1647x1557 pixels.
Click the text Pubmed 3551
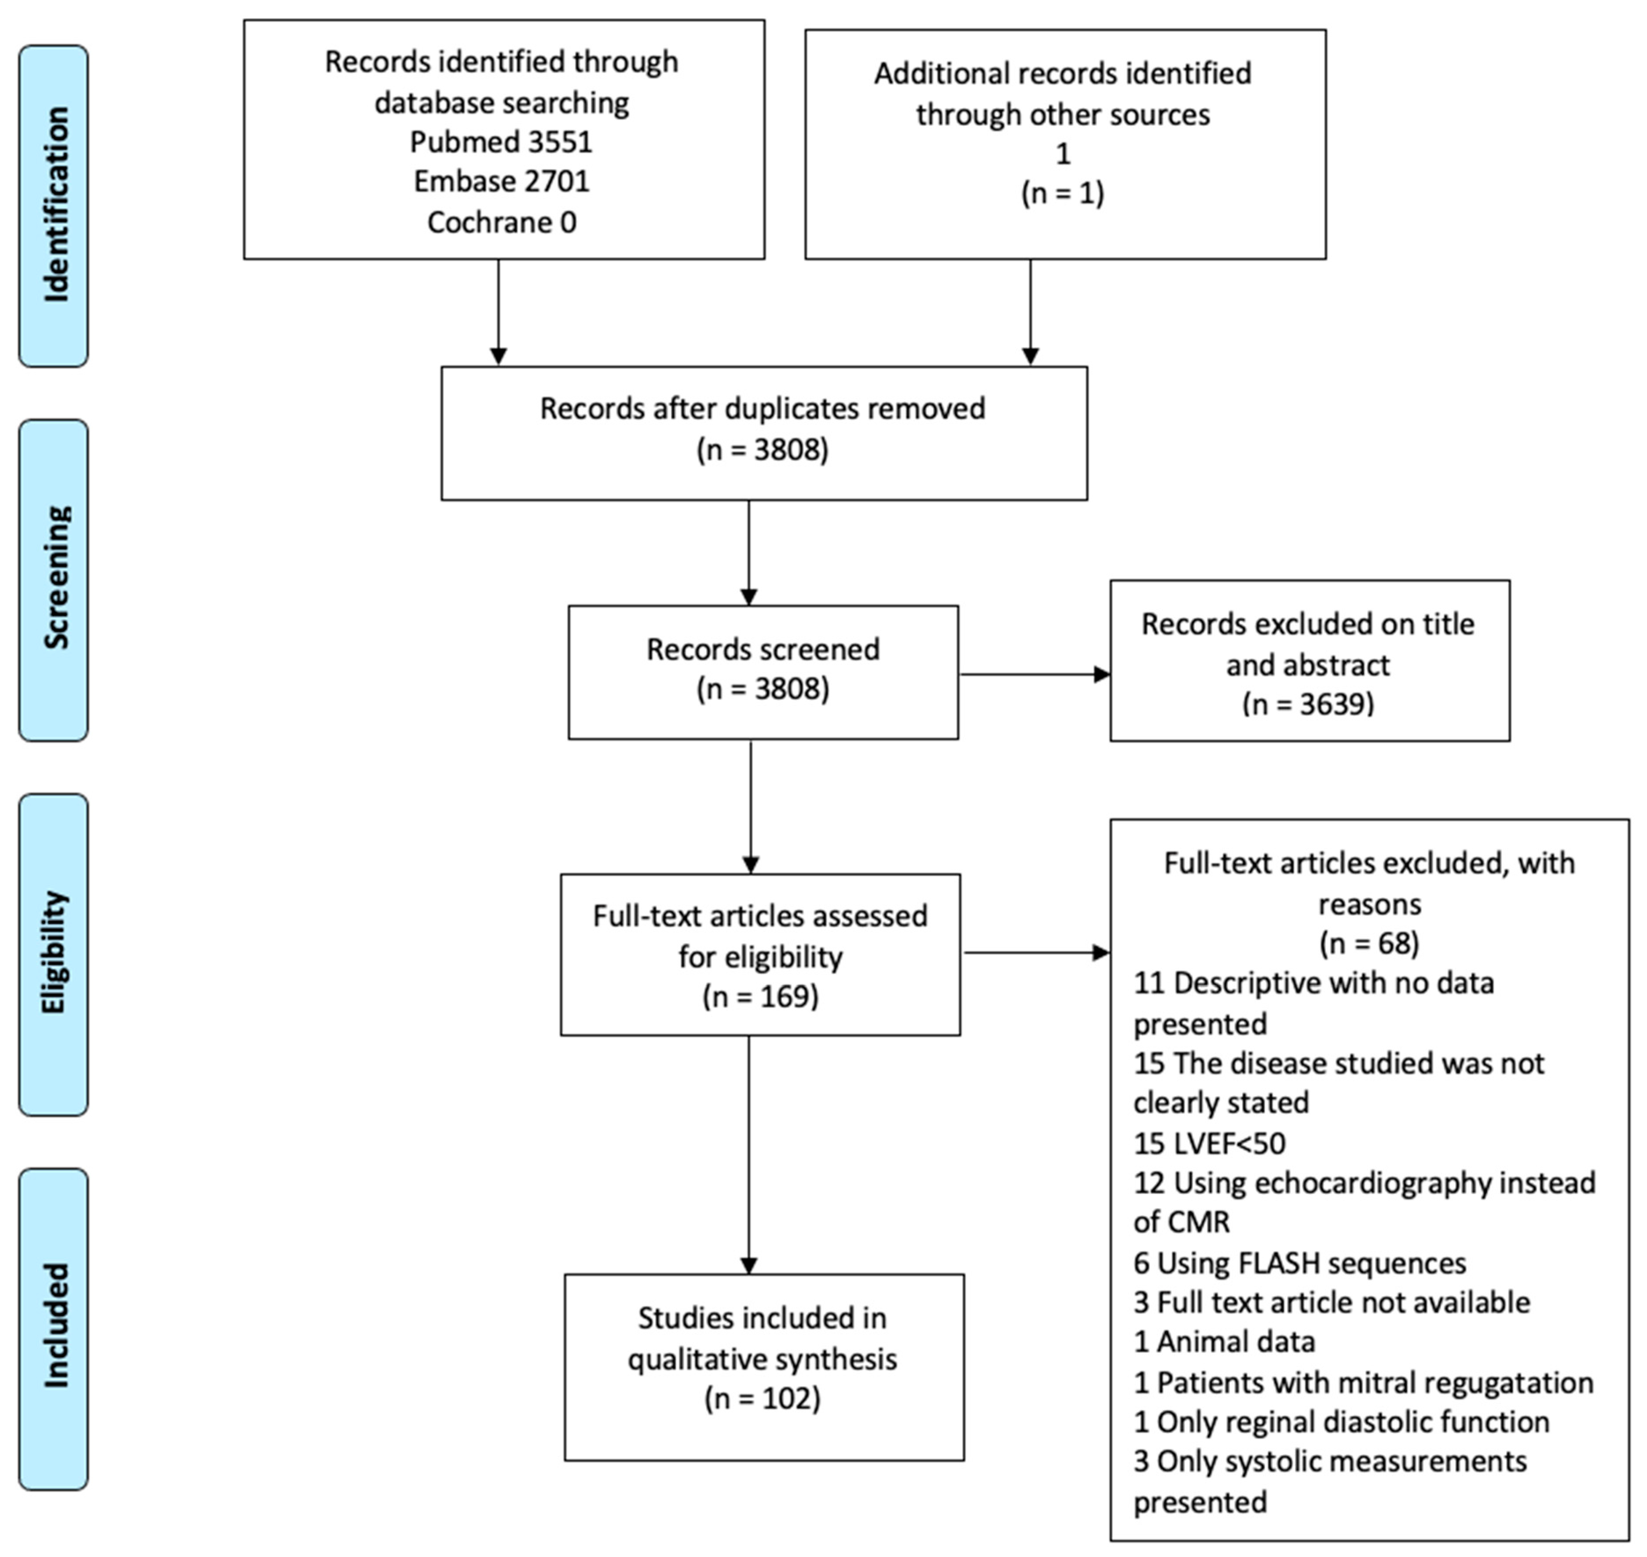[501, 142]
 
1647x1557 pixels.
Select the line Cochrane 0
[501, 222]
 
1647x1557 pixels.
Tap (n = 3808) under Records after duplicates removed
[763, 450]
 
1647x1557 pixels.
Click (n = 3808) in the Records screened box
[763, 689]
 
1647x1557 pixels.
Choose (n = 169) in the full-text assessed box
[760, 996]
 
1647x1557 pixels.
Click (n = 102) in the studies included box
[763, 1399]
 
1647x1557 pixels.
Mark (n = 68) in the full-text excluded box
[1369, 944]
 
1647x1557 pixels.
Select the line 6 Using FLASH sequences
[1299, 1263]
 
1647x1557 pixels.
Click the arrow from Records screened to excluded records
[1034, 675]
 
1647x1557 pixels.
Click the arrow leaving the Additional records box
[1031, 311]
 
